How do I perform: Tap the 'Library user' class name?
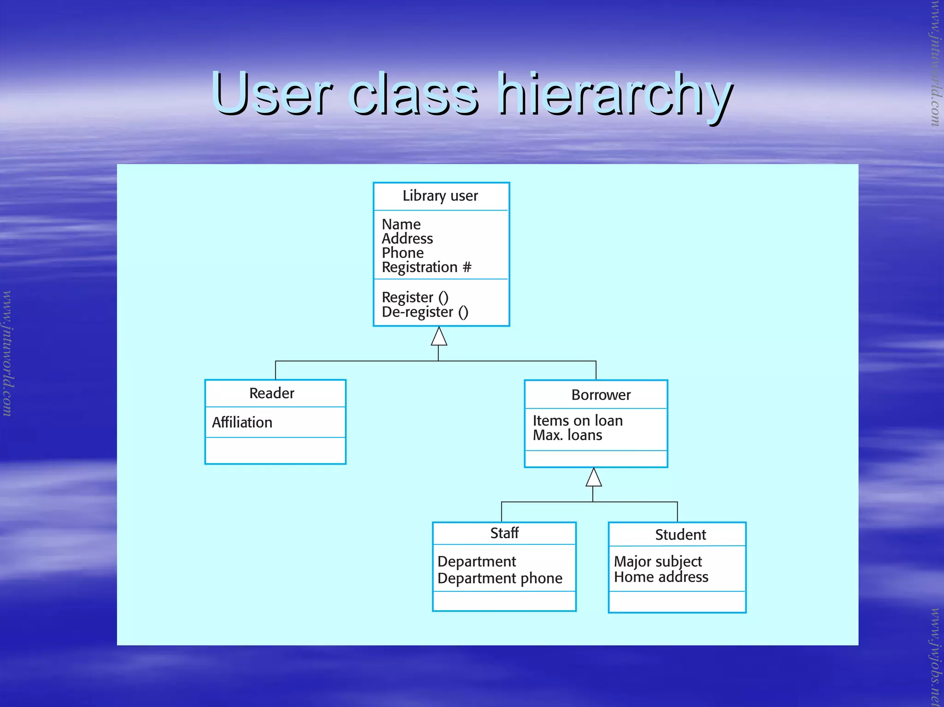click(440, 196)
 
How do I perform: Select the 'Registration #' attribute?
click(426, 267)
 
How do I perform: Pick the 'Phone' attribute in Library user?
click(402, 253)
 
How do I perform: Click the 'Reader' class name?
click(271, 393)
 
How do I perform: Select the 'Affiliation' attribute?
click(242, 422)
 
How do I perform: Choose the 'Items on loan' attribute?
click(578, 420)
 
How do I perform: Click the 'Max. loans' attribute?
click(567, 435)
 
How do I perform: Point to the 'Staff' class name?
click(504, 533)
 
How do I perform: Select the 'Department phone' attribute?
click(500, 578)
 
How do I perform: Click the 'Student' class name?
click(680, 535)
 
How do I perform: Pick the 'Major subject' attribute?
click(658, 561)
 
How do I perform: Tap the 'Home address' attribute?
click(661, 577)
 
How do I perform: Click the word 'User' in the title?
click(272, 94)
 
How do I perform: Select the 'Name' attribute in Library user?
click(401, 224)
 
